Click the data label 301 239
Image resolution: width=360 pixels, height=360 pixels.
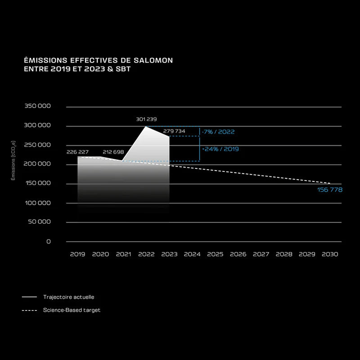tap(146, 119)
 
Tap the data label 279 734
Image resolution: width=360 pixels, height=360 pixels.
tap(174, 131)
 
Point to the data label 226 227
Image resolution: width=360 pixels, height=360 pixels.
tap(77, 152)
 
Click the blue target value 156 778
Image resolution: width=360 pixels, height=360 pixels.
tap(330, 190)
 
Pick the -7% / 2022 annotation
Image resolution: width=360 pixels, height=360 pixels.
tap(218, 132)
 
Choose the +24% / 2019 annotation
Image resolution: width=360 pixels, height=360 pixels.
tap(220, 149)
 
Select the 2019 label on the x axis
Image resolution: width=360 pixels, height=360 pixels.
tap(77, 254)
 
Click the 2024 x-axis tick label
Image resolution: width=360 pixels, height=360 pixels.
tap(192, 254)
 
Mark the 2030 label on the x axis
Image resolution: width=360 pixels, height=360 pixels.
tap(330, 254)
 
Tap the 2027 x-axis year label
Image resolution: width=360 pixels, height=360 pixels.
tap(261, 254)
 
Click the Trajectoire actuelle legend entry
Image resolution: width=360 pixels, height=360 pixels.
tap(68, 297)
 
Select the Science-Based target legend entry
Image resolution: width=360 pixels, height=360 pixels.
tap(72, 310)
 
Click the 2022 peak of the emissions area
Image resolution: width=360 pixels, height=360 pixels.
tap(145, 126)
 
